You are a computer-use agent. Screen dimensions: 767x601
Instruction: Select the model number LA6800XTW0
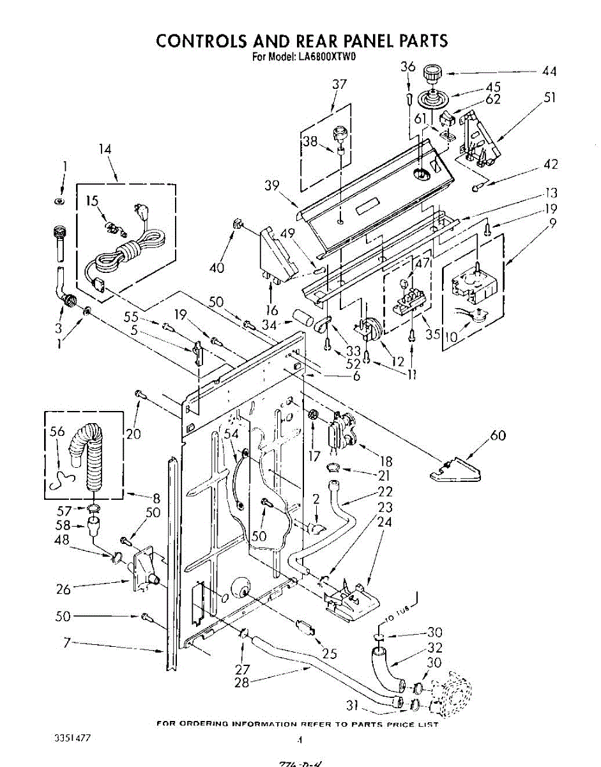click(326, 56)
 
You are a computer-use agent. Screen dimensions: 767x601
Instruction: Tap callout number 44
click(549, 72)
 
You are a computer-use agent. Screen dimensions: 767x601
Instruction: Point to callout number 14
click(105, 149)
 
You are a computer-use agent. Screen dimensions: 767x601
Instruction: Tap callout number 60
click(498, 436)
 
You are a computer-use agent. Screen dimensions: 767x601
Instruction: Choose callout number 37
click(339, 84)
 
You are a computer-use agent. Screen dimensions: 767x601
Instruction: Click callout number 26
click(63, 589)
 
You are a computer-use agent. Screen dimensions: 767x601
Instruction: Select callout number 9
click(552, 223)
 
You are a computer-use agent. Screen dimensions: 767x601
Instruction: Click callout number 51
click(549, 98)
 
